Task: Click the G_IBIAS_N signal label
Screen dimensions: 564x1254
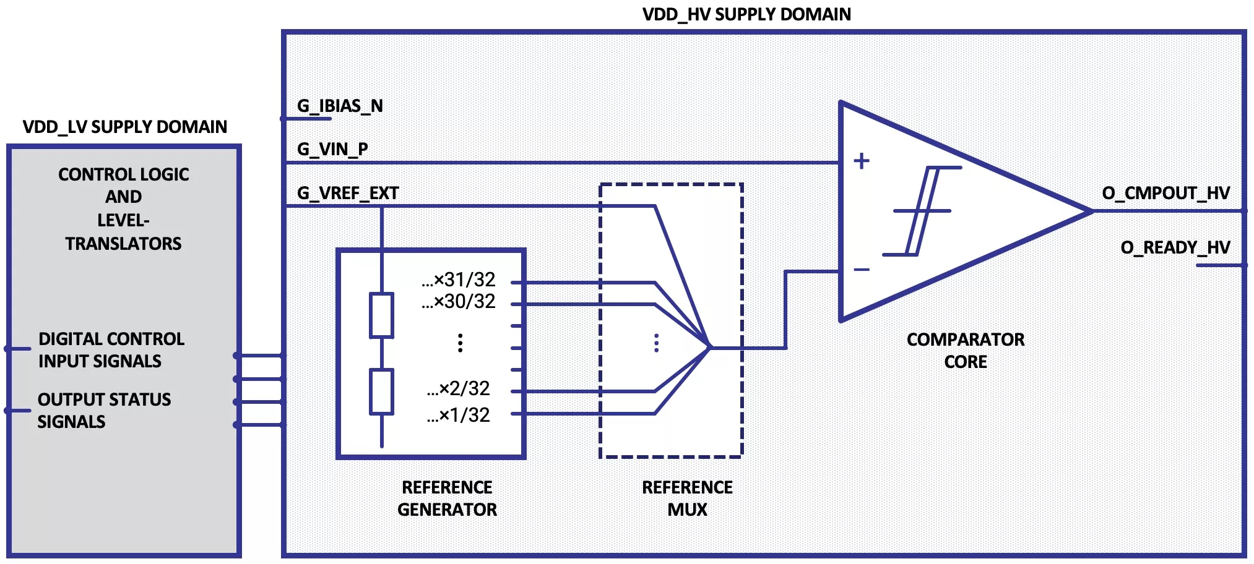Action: [x=340, y=106]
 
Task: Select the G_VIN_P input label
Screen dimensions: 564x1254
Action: [x=332, y=149]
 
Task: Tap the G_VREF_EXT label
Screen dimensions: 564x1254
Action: [x=348, y=193]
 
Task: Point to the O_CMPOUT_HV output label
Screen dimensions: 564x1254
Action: [x=1165, y=193]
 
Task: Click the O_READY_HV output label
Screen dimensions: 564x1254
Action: [x=1175, y=247]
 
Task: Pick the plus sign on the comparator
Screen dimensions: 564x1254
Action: [x=861, y=161]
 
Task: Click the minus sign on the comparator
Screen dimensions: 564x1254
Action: [x=861, y=270]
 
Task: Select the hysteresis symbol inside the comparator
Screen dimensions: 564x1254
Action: [x=922, y=211]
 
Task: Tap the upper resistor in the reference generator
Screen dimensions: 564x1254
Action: [x=381, y=315]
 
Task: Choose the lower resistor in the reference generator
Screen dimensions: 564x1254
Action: [x=381, y=391]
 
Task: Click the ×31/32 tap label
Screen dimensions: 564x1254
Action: [x=459, y=280]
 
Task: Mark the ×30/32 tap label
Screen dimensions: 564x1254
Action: [x=459, y=302]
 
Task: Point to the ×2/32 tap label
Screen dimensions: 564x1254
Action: [x=459, y=388]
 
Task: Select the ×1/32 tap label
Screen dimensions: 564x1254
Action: [x=459, y=415]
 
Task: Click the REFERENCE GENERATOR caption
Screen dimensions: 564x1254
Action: [x=447, y=498]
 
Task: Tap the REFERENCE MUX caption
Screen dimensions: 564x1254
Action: [x=687, y=498]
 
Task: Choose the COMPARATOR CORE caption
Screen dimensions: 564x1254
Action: [x=966, y=351]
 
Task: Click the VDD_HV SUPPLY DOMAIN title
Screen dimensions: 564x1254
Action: [x=746, y=14]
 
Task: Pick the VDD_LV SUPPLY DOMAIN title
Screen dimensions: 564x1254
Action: [x=125, y=127]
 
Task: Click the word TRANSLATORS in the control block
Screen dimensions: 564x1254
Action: [x=124, y=244]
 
